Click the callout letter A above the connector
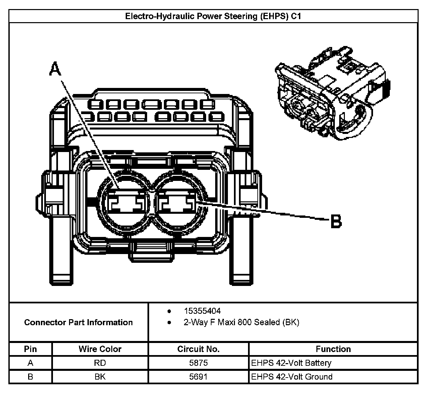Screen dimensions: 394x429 (x=56, y=69)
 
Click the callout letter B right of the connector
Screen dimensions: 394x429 (x=336, y=221)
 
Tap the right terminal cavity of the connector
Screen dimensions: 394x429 (x=177, y=202)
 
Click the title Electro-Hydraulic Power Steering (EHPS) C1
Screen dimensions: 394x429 (x=213, y=16)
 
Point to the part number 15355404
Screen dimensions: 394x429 (x=202, y=311)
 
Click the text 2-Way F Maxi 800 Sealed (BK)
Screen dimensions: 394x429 (x=241, y=323)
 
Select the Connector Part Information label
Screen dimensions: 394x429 (x=78, y=323)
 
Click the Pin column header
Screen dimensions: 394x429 (x=30, y=349)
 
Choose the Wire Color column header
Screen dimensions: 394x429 (x=100, y=349)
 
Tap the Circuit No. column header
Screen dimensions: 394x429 (x=198, y=349)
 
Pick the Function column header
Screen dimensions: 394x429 (x=333, y=349)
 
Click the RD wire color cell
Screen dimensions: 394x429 (x=100, y=363)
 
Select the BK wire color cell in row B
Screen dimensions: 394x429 (x=100, y=377)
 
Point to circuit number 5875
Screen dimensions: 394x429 (x=198, y=363)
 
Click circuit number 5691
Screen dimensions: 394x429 (x=198, y=377)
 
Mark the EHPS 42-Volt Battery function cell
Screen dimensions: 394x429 (x=291, y=363)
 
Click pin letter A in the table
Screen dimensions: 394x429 (x=30, y=363)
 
